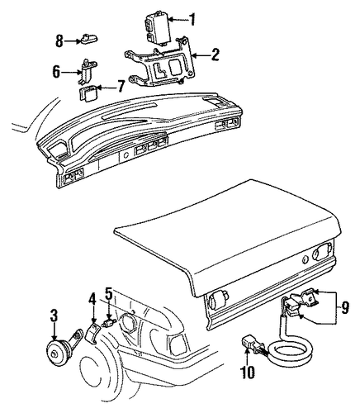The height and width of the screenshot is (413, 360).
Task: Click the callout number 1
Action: (192, 19)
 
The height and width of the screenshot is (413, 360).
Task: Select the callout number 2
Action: (215, 55)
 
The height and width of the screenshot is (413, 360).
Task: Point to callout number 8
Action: (59, 41)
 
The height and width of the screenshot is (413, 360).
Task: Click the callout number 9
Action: (344, 307)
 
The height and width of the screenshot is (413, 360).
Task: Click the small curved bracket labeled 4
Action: (92, 333)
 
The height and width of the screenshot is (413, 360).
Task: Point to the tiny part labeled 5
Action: (109, 323)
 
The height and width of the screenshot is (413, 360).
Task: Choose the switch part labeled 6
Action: (85, 71)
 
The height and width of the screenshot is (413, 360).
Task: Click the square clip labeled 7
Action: (88, 93)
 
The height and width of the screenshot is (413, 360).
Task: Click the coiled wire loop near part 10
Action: (291, 351)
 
